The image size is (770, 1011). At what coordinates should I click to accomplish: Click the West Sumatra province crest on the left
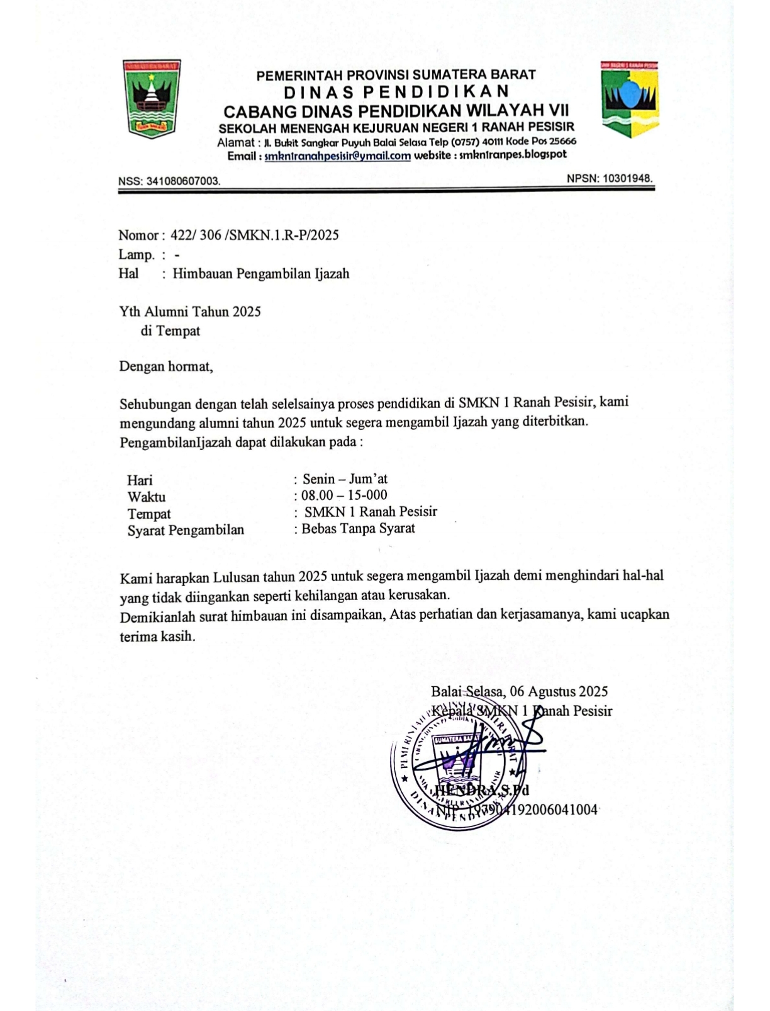pos(152,99)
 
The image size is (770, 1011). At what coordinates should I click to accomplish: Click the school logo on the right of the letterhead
pos(629,99)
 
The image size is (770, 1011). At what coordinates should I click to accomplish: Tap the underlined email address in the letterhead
pos(337,155)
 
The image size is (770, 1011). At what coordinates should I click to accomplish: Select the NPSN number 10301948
pos(627,178)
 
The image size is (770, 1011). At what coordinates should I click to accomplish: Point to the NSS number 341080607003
pos(183,181)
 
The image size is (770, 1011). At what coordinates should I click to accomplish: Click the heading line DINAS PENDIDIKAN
pos(396,93)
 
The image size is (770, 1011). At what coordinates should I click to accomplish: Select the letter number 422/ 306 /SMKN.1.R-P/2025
pos(255,235)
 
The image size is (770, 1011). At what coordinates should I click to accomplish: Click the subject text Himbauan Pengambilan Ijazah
pos(261,274)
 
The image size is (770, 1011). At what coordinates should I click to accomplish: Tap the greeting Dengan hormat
pos(166,366)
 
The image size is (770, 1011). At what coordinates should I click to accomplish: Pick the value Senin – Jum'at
pos(345,479)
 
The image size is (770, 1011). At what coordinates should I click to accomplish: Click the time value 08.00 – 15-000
pos(344,495)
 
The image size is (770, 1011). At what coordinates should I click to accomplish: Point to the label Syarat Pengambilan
pos(186,530)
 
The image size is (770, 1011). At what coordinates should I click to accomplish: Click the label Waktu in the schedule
pos(147,497)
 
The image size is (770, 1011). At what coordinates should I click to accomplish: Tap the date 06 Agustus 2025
pos(559,691)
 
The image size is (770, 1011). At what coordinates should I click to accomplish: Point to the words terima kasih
pos(157,636)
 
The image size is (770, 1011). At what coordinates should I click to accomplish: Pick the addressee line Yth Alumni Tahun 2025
pos(190,312)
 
